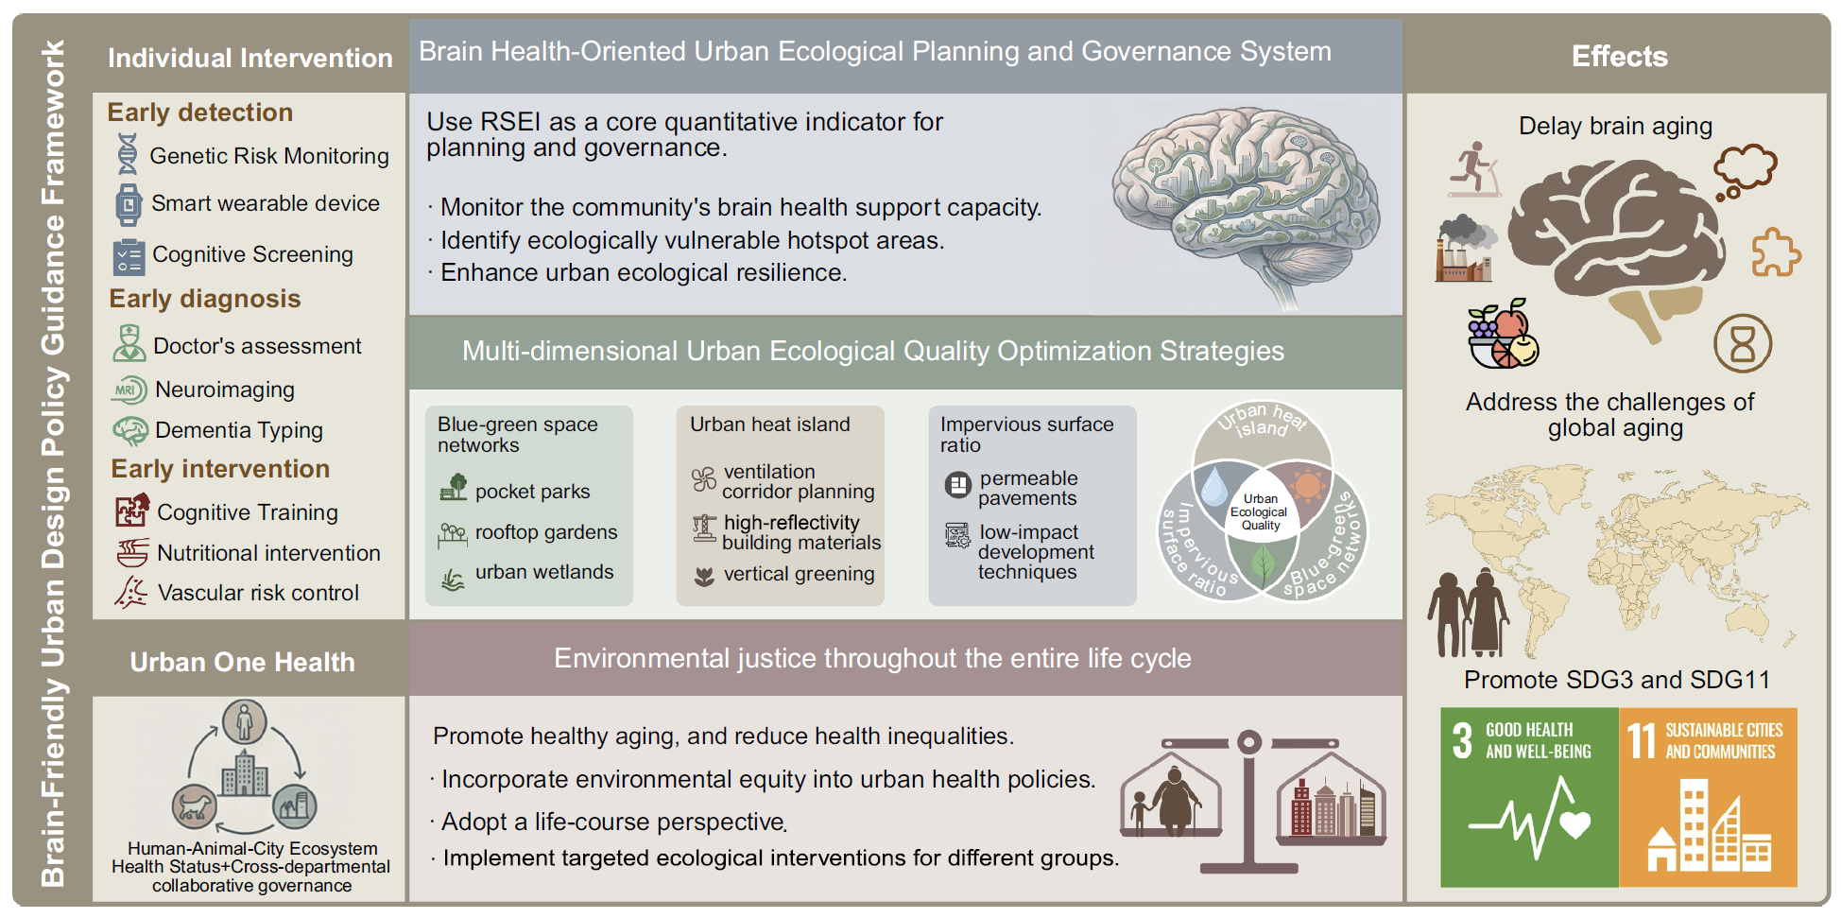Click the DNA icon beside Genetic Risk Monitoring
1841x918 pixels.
point(128,154)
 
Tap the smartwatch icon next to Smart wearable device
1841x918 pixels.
point(128,204)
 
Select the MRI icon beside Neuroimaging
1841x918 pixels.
point(129,390)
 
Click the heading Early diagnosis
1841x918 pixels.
point(205,299)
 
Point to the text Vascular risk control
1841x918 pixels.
point(258,593)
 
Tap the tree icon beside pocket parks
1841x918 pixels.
point(454,487)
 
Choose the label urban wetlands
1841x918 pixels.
point(544,572)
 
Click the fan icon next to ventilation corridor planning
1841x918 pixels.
point(704,479)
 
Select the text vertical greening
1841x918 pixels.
point(800,574)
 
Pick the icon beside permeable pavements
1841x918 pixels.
point(958,486)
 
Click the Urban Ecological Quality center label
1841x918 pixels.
point(1260,511)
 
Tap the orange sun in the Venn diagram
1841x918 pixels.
point(1308,486)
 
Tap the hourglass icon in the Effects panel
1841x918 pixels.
point(1743,343)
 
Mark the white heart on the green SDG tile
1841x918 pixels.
point(1574,825)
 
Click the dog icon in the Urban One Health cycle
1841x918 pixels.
point(196,806)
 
